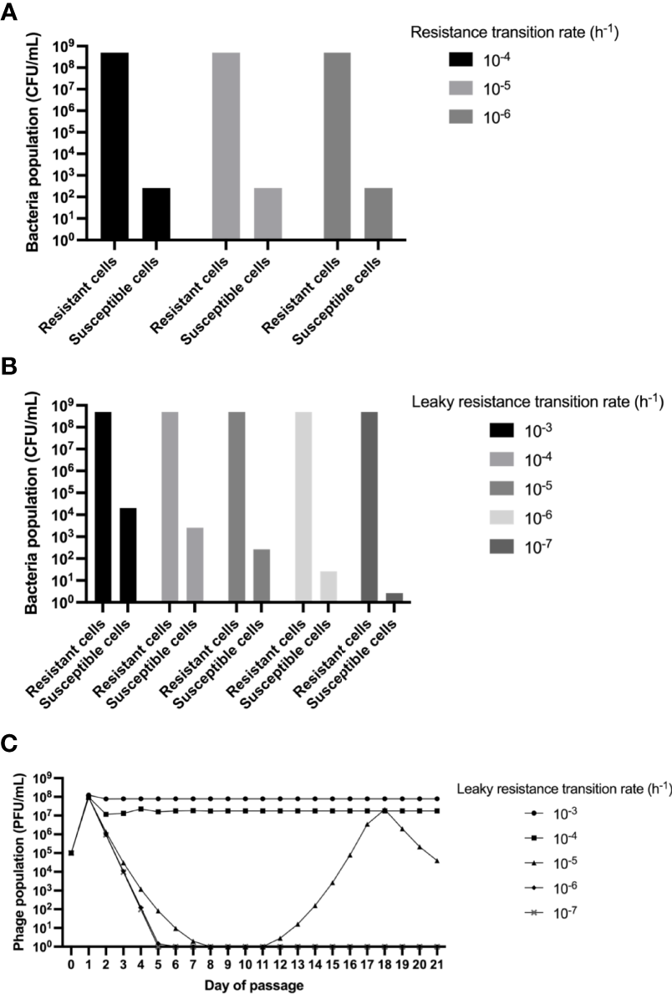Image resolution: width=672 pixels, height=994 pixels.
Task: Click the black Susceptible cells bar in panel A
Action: (x=156, y=214)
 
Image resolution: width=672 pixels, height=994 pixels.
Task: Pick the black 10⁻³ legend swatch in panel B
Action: (x=505, y=432)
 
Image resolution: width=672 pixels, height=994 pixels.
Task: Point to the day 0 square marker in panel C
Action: (x=72, y=853)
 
